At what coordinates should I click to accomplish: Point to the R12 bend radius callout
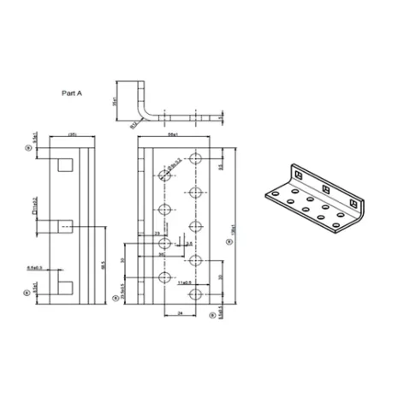(x=134, y=123)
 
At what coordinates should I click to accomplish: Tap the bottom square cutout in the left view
(x=65, y=285)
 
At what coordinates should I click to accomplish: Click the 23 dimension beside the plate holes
(x=157, y=233)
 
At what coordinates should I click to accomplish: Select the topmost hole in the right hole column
(x=196, y=158)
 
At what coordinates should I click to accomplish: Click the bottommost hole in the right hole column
(x=196, y=295)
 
